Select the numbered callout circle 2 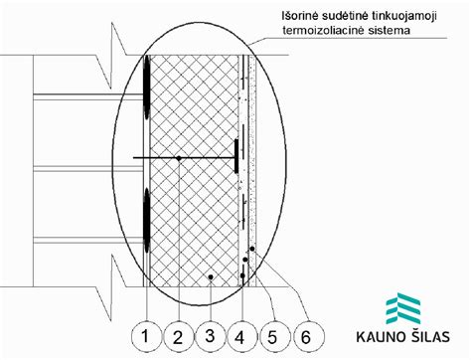178,335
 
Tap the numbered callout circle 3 210,335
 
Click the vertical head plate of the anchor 236,154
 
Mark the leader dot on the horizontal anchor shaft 178,158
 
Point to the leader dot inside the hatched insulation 210,275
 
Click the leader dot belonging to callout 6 254,249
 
